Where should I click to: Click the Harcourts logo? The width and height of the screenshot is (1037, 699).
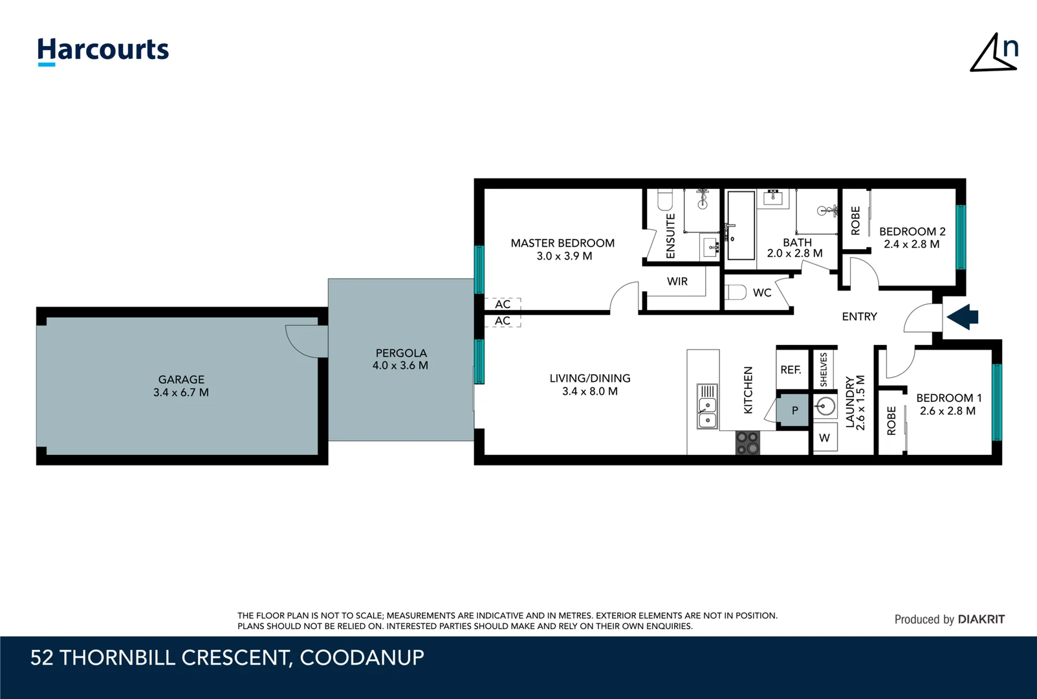point(103,50)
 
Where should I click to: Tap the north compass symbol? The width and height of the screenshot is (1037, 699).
point(994,53)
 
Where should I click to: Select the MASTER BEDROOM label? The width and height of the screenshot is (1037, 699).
point(562,243)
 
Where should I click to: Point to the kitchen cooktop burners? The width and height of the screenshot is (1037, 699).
point(747,443)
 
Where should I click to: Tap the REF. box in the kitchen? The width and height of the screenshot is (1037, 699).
point(791,370)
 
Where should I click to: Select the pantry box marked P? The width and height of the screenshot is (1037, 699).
point(794,410)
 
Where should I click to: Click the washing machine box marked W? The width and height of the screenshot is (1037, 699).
point(824,438)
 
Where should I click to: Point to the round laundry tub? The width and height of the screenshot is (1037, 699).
point(825,407)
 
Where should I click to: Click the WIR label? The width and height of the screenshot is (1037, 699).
point(677,282)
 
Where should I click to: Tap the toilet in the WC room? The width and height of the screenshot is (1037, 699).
point(736,293)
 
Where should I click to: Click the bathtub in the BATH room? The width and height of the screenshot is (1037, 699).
point(741,225)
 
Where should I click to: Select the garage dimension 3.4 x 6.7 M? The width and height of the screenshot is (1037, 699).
point(181,392)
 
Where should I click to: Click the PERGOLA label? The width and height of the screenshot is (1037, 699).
point(401,353)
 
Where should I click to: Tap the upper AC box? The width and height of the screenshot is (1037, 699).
point(503,304)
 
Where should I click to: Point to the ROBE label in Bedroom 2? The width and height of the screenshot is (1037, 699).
point(855,221)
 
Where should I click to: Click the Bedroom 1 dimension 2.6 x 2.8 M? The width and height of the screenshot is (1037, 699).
point(947,411)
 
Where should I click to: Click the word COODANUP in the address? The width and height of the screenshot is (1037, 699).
point(362,658)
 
